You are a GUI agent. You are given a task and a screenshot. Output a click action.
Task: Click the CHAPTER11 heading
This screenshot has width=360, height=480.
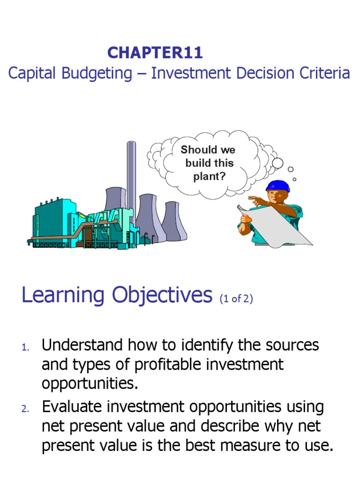tap(155, 53)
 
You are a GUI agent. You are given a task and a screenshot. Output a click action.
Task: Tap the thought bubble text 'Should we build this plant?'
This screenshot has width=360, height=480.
tap(208, 164)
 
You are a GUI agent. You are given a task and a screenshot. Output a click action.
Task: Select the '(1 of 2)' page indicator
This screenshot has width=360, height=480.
tap(236, 299)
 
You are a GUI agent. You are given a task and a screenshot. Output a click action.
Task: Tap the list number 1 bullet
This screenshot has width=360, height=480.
tap(25, 348)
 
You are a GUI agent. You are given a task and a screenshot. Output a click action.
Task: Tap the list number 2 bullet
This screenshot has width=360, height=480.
tap(25, 409)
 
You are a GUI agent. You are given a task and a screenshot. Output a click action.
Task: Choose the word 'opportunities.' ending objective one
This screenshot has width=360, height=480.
tap(90, 383)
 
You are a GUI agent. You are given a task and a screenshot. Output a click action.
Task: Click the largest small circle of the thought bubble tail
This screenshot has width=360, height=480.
tap(277, 163)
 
